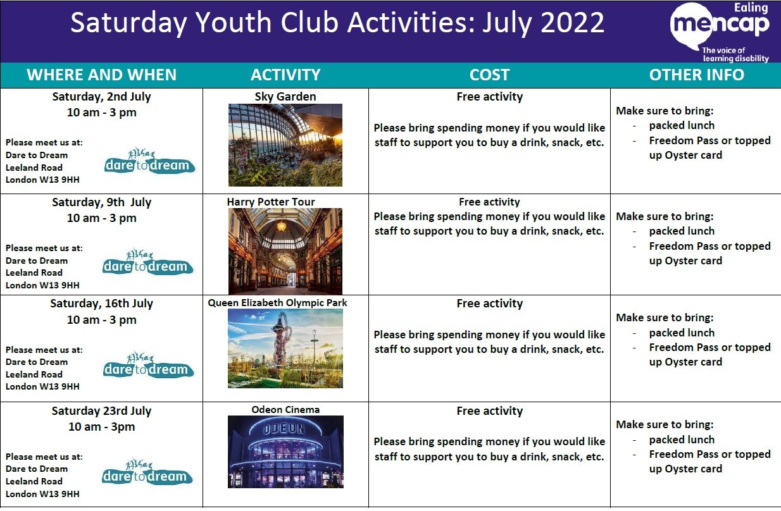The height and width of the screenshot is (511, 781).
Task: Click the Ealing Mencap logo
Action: [x=720, y=32]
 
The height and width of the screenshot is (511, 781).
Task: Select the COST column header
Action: [x=489, y=75]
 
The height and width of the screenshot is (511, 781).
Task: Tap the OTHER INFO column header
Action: [x=697, y=75]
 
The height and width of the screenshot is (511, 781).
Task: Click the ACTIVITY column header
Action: [x=285, y=75]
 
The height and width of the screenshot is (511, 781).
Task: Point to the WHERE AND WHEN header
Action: [x=101, y=75]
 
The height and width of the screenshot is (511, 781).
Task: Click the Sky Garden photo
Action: [x=285, y=145]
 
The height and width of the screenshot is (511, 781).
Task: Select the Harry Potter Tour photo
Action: [x=285, y=251]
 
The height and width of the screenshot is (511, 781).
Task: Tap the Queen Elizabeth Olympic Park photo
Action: [x=285, y=348]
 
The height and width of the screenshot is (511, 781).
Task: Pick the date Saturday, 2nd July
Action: [x=101, y=97]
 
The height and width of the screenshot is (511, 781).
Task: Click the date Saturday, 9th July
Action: [x=101, y=202]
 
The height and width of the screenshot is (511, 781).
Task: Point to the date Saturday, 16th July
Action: [x=101, y=304]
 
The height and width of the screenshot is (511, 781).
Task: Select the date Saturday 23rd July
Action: [x=101, y=411]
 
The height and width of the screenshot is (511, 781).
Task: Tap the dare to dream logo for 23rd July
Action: [x=147, y=472]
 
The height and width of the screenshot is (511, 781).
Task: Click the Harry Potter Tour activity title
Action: [x=271, y=202]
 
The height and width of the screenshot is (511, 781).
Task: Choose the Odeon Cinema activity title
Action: [x=285, y=409]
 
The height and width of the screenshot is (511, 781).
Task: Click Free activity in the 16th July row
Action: [x=489, y=304]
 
